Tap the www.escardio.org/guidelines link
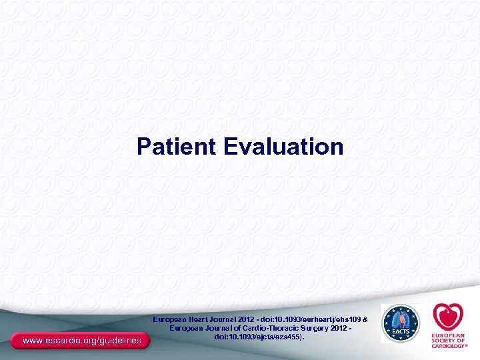pyautogui.click(x=81, y=341)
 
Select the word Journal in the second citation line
pyautogui.click(x=217, y=329)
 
